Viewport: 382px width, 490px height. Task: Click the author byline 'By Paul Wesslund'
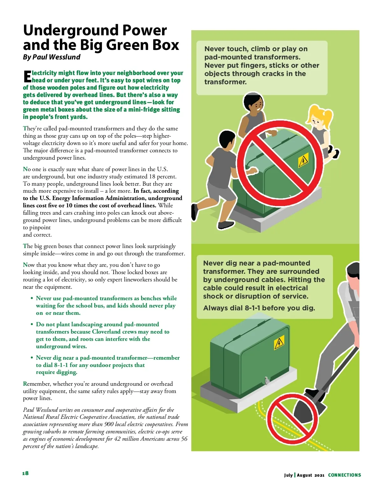tap(52, 57)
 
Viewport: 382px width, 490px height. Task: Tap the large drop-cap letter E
tap(27, 76)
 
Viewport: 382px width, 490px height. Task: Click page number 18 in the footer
tap(25, 473)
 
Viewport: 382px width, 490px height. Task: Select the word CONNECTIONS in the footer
tap(344, 475)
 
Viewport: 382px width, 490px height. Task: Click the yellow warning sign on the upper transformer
tap(303, 161)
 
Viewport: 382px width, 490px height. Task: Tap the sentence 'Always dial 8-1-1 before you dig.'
tap(259, 308)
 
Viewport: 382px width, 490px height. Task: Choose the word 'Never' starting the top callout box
tap(214, 49)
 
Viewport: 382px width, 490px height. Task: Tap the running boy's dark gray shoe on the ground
tap(226, 225)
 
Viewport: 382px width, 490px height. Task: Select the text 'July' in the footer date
tap(288, 475)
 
